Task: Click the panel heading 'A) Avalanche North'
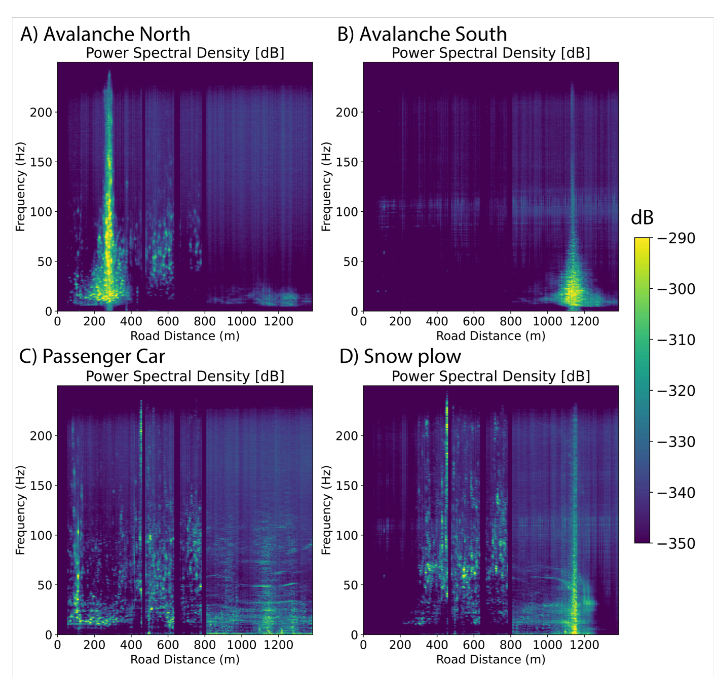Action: (x=105, y=34)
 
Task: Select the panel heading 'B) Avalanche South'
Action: (x=422, y=34)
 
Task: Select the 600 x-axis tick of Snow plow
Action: (x=474, y=645)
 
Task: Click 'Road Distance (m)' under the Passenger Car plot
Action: (x=185, y=660)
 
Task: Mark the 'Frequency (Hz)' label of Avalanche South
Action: (x=326, y=187)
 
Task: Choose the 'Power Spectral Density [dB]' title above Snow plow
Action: (x=491, y=376)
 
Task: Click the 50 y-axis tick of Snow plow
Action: (x=351, y=585)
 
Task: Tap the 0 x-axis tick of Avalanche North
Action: (x=58, y=321)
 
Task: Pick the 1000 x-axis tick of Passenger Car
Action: (x=241, y=645)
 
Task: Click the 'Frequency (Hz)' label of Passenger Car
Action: (x=20, y=510)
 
